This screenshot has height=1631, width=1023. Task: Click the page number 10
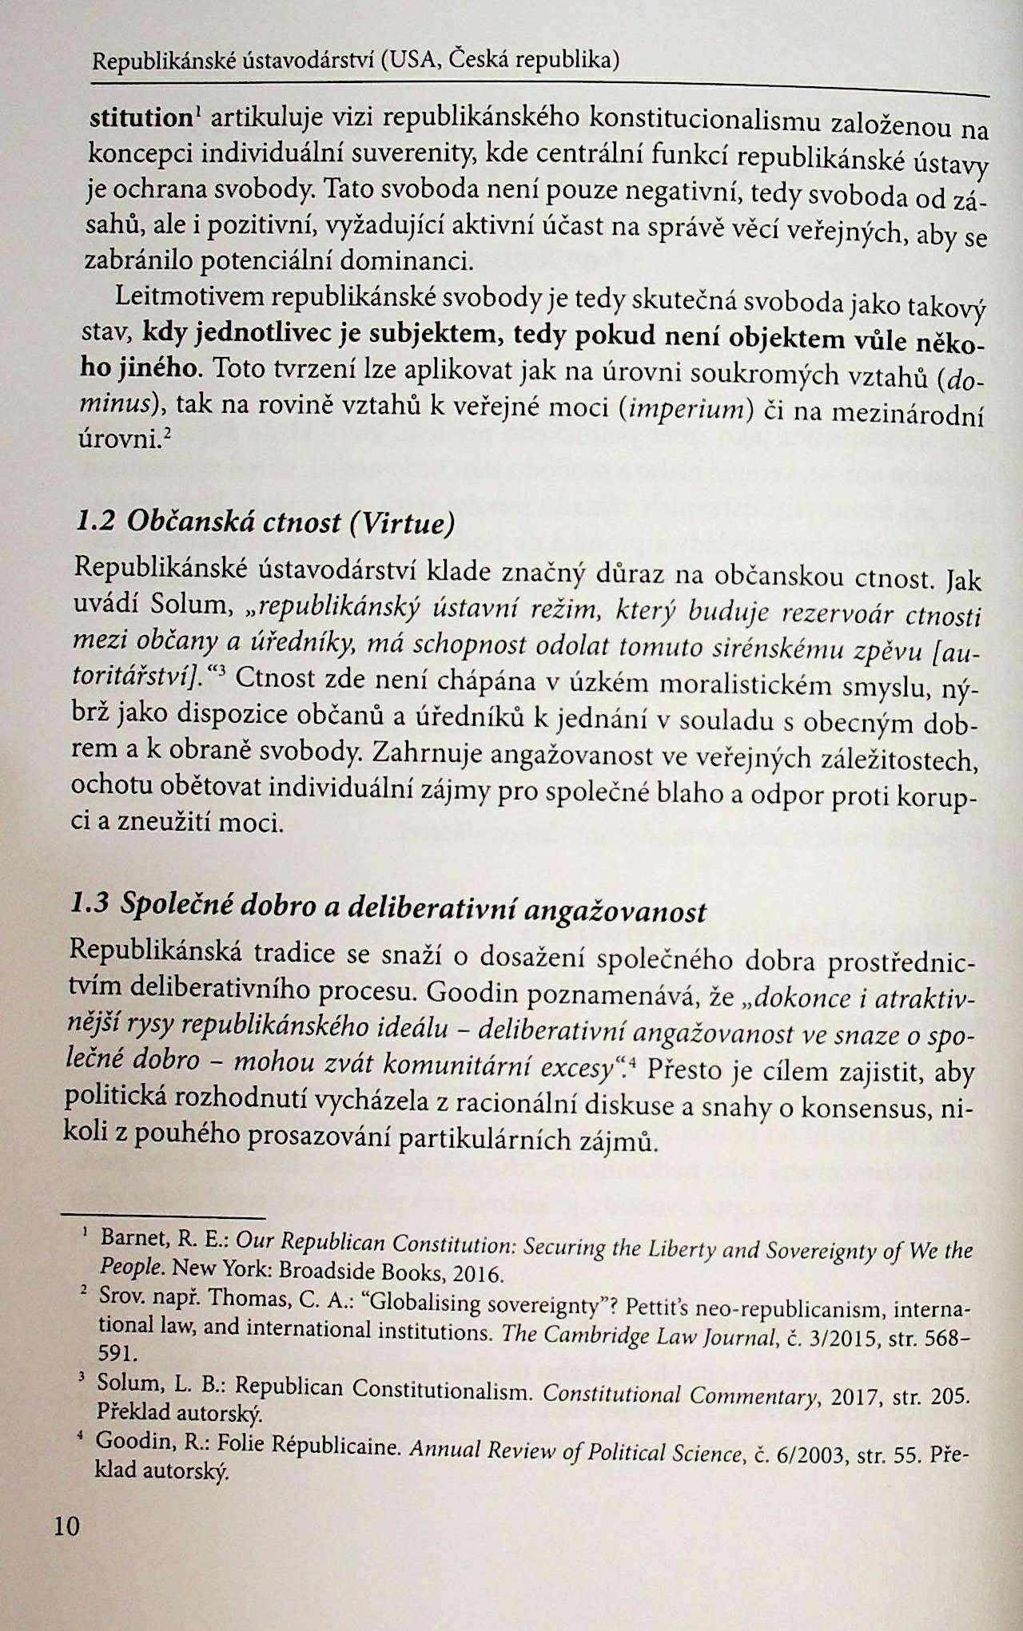[x=66, y=1526]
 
